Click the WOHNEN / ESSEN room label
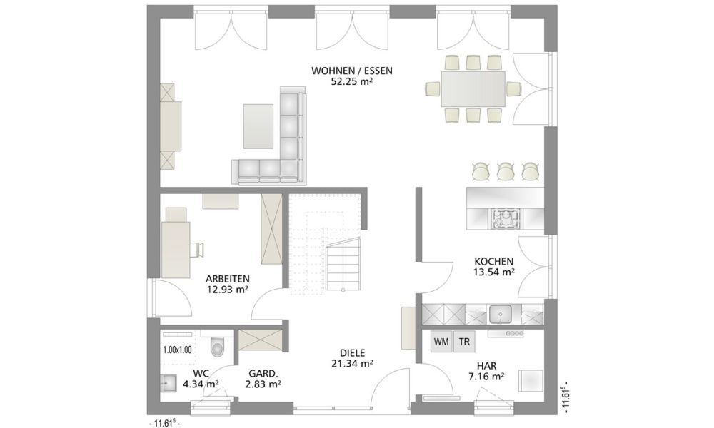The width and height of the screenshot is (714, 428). [351, 71]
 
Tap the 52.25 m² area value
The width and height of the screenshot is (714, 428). [351, 82]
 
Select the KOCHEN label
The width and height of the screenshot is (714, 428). [493, 262]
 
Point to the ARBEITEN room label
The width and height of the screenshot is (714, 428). [227, 279]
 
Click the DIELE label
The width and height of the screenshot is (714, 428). [353, 352]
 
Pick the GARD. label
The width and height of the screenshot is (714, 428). [263, 373]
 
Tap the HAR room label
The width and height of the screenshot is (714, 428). [487, 366]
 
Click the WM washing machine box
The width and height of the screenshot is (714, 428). [441, 342]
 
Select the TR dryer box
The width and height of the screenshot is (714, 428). [464, 342]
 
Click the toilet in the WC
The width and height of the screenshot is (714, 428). [218, 345]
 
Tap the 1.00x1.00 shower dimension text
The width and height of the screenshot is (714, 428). [177, 350]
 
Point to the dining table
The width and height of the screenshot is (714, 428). [472, 88]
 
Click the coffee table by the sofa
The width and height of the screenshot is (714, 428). [258, 126]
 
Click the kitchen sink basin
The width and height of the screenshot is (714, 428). [500, 314]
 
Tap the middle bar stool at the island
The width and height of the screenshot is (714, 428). [505, 171]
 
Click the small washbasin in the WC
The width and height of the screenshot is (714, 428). [168, 382]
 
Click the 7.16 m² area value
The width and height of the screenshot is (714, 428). [486, 377]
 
